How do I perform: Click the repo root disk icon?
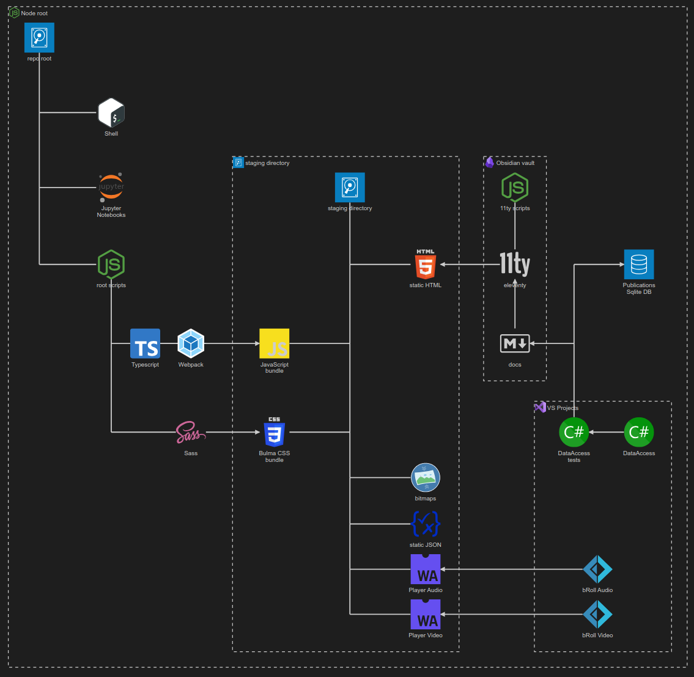pyautogui.click(x=40, y=38)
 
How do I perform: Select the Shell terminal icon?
pyautogui.click(x=111, y=113)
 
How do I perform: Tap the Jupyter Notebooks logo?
pyautogui.click(x=111, y=188)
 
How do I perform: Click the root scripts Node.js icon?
pyautogui.click(x=111, y=265)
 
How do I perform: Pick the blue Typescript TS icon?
pyautogui.click(x=145, y=343)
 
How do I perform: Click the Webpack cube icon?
pyautogui.click(x=191, y=343)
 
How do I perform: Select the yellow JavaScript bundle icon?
pyautogui.click(x=275, y=343)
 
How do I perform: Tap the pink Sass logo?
pyautogui.click(x=191, y=433)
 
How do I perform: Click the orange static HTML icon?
pyautogui.click(x=426, y=265)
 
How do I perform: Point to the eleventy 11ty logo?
pyautogui.click(x=515, y=265)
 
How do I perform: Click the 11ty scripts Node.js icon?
pyautogui.click(x=515, y=188)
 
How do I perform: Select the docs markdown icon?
pyautogui.click(x=515, y=343)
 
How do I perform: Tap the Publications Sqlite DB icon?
pyautogui.click(x=639, y=265)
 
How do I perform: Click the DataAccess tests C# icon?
pyautogui.click(x=574, y=433)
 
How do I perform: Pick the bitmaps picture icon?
pyautogui.click(x=426, y=478)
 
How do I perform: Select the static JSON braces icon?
pyautogui.click(x=426, y=524)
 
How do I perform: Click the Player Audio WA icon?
pyautogui.click(x=426, y=569)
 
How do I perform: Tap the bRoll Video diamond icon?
pyautogui.click(x=597, y=615)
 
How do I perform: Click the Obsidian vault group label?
pyautogui.click(x=515, y=163)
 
